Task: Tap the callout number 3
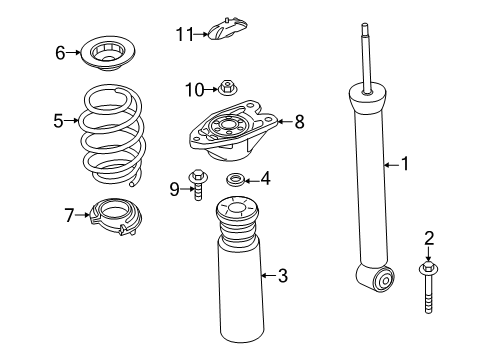(x=282, y=275)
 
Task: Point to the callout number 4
(x=265, y=180)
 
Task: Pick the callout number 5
(x=58, y=121)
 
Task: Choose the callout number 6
(x=60, y=52)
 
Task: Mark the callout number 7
(x=69, y=214)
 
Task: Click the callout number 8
(x=298, y=122)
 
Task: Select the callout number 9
(x=172, y=186)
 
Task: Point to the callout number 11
(x=182, y=34)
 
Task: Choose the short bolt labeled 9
(x=199, y=188)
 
